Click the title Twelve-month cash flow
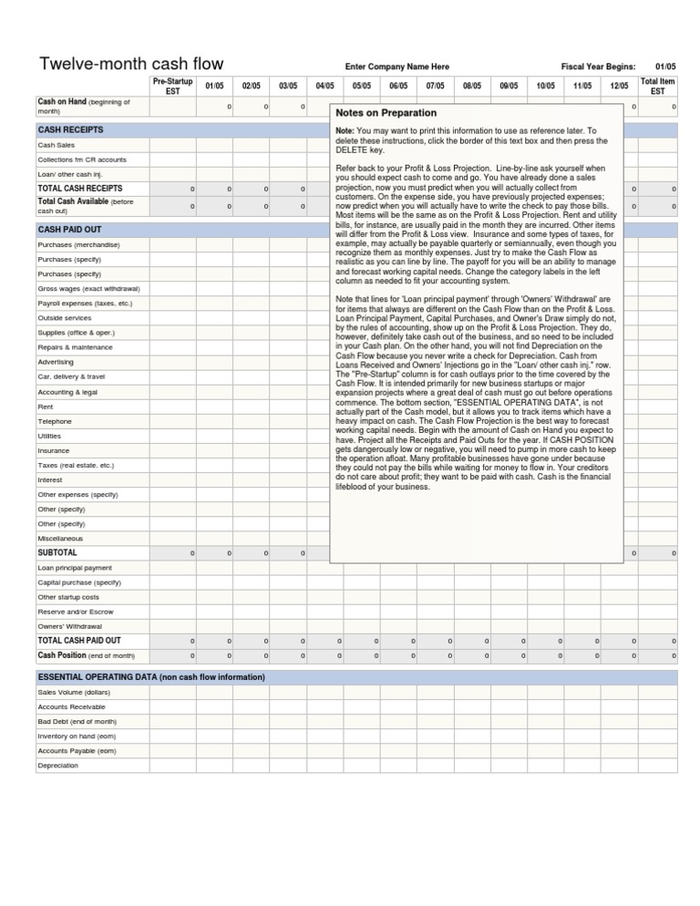coord(130,65)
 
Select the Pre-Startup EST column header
coord(172,86)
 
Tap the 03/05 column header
coord(288,86)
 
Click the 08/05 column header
coord(472,86)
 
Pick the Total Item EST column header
coord(658,86)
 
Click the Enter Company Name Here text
coord(396,67)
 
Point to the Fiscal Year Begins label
coord(598,67)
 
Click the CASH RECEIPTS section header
coord(70,130)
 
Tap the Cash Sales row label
coord(57,145)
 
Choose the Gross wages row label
coord(82,288)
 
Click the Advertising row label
coord(56,362)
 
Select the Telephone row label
coord(54,421)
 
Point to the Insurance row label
coord(54,450)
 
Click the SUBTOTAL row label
coord(57,553)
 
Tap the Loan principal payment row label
coord(75,567)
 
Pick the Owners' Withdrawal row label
coord(69,626)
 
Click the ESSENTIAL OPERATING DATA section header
coord(151,677)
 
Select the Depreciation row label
coord(57,766)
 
